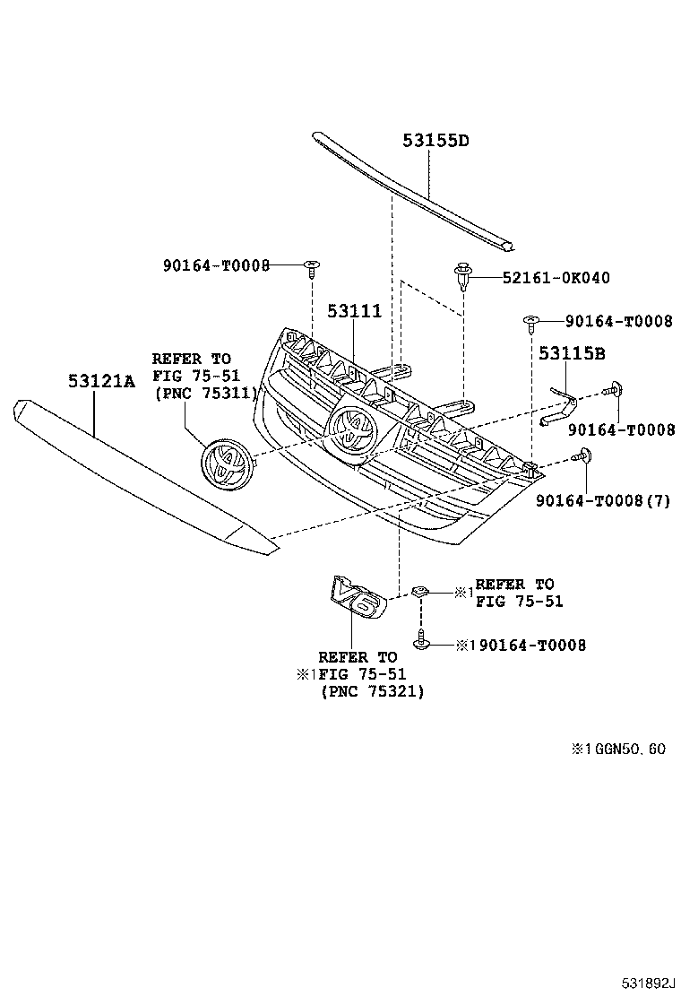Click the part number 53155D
tap(435, 141)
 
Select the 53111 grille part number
tap(354, 311)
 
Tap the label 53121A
tap(100, 382)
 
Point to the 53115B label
tap(572, 353)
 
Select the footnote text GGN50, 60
tap(625, 750)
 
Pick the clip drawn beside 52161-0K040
tap(462, 274)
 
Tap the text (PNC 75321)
tap(373, 691)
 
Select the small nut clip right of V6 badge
tap(420, 591)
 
